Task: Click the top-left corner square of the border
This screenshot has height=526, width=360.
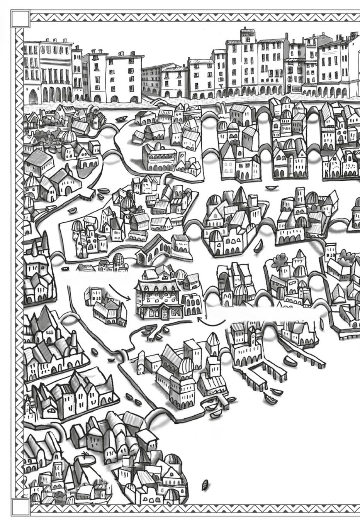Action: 20,18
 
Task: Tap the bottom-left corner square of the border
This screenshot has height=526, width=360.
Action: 20,507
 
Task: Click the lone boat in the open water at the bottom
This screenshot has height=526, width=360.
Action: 205,484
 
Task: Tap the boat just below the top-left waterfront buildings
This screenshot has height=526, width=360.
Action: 121,119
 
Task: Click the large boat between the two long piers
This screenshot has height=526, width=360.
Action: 289,361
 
